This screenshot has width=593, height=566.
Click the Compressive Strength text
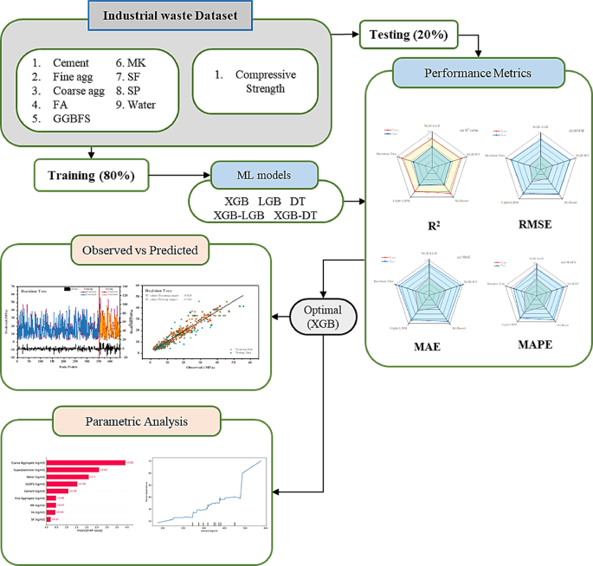(267, 84)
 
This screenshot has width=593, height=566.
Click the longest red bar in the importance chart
(86, 463)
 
